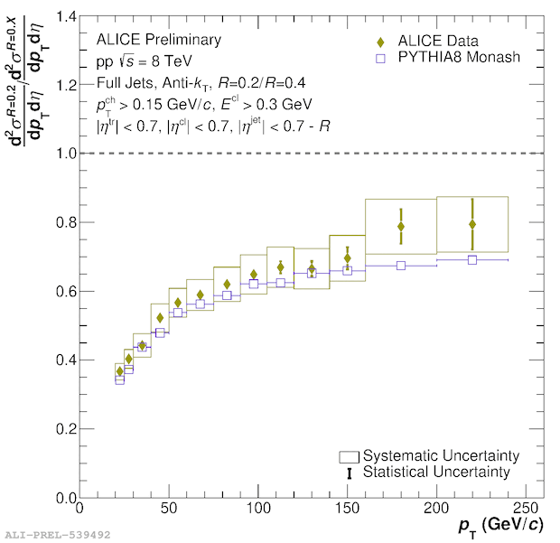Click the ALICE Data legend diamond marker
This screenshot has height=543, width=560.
click(381, 42)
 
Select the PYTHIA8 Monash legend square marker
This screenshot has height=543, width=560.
click(381, 59)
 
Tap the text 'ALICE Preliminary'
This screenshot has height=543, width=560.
click(158, 40)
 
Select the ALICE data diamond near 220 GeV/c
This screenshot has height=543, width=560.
click(472, 224)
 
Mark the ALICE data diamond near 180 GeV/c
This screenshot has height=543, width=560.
click(401, 226)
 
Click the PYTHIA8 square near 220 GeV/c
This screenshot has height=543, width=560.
click(472, 260)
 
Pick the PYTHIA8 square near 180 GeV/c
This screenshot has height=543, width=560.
click(401, 266)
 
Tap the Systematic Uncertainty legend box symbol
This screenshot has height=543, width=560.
click(350, 455)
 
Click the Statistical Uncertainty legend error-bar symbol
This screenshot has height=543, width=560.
click(350, 473)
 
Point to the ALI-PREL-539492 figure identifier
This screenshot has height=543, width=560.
click(57, 535)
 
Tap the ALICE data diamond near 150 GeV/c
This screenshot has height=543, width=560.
click(348, 258)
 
